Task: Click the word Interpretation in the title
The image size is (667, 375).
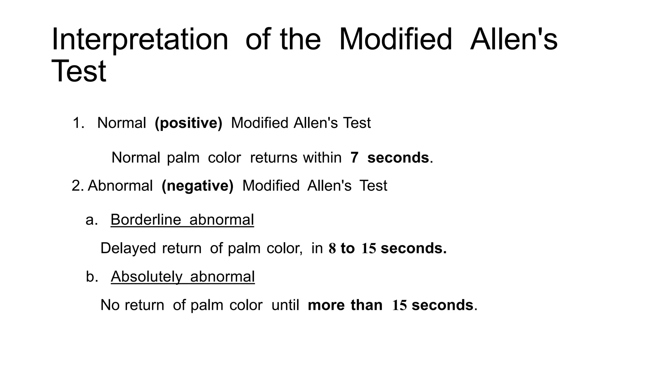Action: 140,40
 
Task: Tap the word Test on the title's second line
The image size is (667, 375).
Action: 79,71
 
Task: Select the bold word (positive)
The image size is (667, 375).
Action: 188,123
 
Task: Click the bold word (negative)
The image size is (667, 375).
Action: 197,186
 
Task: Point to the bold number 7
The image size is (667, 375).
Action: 354,158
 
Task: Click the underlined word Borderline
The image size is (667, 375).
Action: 146,220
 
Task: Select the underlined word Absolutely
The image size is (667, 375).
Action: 147,277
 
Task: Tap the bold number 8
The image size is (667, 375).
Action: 332,248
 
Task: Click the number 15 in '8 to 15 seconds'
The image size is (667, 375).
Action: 369,248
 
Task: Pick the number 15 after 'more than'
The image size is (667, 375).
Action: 399,305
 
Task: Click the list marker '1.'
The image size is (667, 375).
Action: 78,123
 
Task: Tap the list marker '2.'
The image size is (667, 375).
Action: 78,186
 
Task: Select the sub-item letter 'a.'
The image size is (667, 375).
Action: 92,220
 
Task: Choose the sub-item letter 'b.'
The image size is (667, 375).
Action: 92,277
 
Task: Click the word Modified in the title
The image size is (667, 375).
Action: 395,40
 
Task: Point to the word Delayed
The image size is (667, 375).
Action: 128,248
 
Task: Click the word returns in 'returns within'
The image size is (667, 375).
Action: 274,158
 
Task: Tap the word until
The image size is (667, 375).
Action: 285,305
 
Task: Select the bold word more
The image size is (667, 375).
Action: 326,305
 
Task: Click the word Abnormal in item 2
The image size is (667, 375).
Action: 120,186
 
